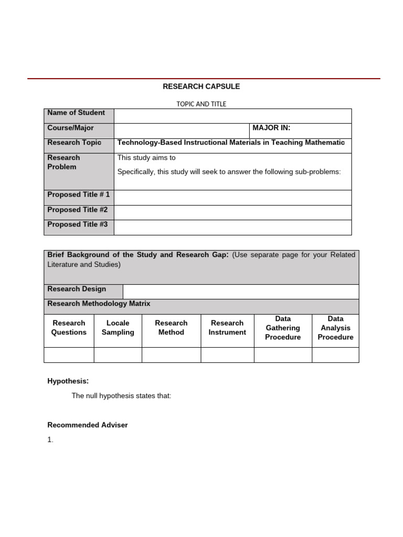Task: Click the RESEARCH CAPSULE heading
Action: pyautogui.click(x=201, y=87)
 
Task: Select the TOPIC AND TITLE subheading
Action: pyautogui.click(x=201, y=104)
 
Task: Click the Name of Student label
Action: pyautogui.click(x=76, y=113)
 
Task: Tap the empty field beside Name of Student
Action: pyautogui.click(x=232, y=116)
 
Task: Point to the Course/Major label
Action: pyautogui.click(x=70, y=128)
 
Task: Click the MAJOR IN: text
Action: pyautogui.click(x=271, y=128)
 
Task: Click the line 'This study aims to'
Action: pyautogui.click(x=146, y=158)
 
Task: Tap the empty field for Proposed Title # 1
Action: pyautogui.click(x=232, y=198)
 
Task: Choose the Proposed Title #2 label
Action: pyautogui.click(x=77, y=210)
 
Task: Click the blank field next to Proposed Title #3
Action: pyautogui.click(x=232, y=228)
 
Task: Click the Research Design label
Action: pyautogui.click(x=77, y=289)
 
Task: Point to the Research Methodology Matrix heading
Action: pyautogui.click(x=99, y=304)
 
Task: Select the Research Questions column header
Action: pyautogui.click(x=69, y=328)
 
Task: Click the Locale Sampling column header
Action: pyautogui.click(x=118, y=328)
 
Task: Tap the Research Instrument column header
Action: pyautogui.click(x=227, y=328)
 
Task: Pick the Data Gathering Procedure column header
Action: pyautogui.click(x=283, y=328)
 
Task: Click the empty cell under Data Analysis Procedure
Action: pyautogui.click(x=335, y=355)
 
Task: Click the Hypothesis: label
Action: pyautogui.click(x=68, y=381)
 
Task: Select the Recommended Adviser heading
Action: pyautogui.click(x=88, y=425)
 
